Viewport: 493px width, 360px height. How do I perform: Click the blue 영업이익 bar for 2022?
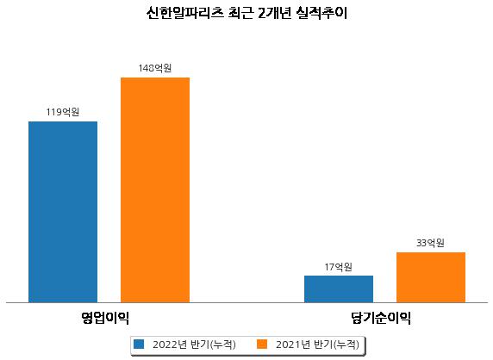point(63,212)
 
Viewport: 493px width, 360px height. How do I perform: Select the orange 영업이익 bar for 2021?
point(155,190)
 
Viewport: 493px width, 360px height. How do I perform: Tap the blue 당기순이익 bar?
point(339,289)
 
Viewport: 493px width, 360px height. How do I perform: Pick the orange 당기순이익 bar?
point(431,277)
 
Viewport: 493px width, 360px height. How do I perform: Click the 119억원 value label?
point(63,112)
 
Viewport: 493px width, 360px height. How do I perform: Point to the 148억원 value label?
point(155,68)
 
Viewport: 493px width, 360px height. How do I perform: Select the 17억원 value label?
point(339,267)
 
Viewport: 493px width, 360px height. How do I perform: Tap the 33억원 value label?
point(430,243)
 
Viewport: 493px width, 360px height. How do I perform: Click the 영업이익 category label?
point(105,318)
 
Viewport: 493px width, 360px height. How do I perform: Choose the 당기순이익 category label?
point(381,318)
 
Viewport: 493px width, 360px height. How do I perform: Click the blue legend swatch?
point(139,344)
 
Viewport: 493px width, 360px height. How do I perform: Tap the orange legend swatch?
point(262,344)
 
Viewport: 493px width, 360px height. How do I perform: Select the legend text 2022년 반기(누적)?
point(194,344)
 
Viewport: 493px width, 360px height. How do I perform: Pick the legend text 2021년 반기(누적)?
point(317,344)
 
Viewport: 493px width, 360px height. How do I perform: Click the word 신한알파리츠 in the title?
point(184,13)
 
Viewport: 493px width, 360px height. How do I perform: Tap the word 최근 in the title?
point(240,13)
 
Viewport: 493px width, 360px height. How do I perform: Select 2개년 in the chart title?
point(274,13)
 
